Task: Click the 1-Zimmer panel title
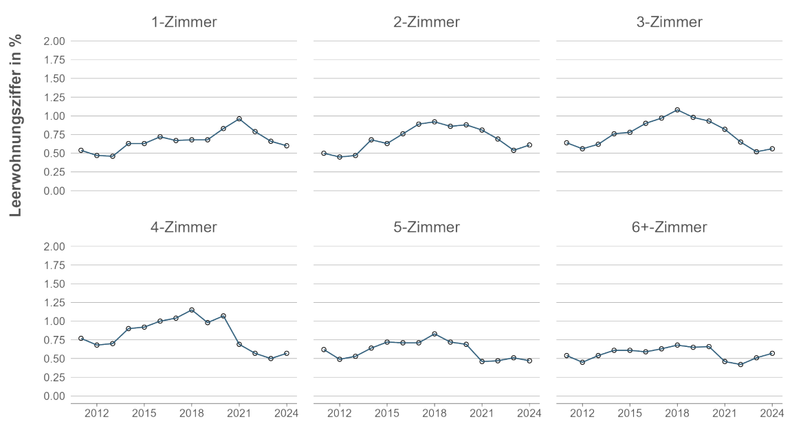click(184, 22)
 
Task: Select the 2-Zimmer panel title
click(426, 22)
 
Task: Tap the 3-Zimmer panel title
click(669, 22)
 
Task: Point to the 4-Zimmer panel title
click(184, 227)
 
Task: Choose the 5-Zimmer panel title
click(426, 227)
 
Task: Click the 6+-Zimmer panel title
click(669, 227)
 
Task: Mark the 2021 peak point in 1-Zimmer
click(239, 119)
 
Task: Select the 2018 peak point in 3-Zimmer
click(677, 109)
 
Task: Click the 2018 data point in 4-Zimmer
click(192, 310)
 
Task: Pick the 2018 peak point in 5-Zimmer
click(434, 334)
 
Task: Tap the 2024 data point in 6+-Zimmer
click(772, 353)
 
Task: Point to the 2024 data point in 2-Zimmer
click(529, 145)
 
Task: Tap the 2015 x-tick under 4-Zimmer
click(144, 414)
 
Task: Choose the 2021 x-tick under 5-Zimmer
click(482, 414)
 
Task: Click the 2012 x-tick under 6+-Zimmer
click(582, 414)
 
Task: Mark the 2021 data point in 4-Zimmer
click(239, 344)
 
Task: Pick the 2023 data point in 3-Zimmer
click(756, 151)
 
